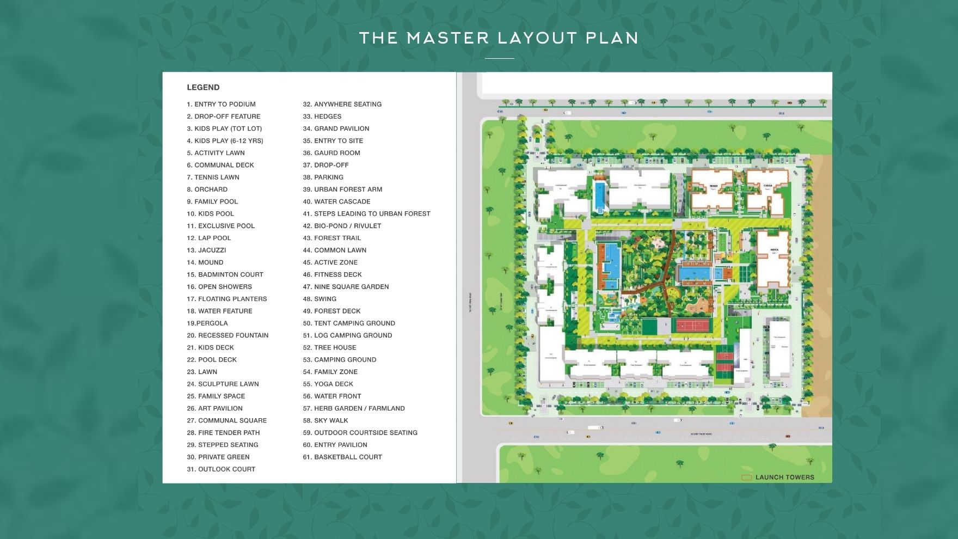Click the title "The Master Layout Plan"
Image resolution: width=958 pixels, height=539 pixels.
tap(499, 38)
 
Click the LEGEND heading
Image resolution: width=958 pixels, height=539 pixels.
tap(203, 87)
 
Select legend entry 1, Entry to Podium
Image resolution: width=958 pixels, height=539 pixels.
tap(221, 104)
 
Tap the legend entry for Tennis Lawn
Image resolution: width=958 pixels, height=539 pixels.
tap(213, 177)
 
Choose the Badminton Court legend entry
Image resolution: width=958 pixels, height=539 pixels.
tap(225, 274)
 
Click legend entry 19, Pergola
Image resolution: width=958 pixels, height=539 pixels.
tap(207, 323)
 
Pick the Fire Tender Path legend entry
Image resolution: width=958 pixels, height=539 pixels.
tap(223, 432)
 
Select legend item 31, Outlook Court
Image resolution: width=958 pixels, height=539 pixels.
tap(221, 469)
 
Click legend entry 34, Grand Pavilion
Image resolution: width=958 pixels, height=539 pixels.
tap(336, 128)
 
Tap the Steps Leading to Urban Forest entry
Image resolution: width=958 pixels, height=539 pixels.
tap(366, 213)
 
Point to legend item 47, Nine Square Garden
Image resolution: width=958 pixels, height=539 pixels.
tap(346, 286)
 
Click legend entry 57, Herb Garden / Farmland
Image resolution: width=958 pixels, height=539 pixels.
tap(354, 408)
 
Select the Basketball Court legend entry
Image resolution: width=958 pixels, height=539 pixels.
tap(342, 457)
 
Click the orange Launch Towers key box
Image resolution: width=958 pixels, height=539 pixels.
tap(746, 477)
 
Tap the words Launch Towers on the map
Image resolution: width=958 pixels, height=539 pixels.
tap(784, 477)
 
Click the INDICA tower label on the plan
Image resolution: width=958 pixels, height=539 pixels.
tap(774, 250)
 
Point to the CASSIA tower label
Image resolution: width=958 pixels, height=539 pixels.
tap(767, 186)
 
